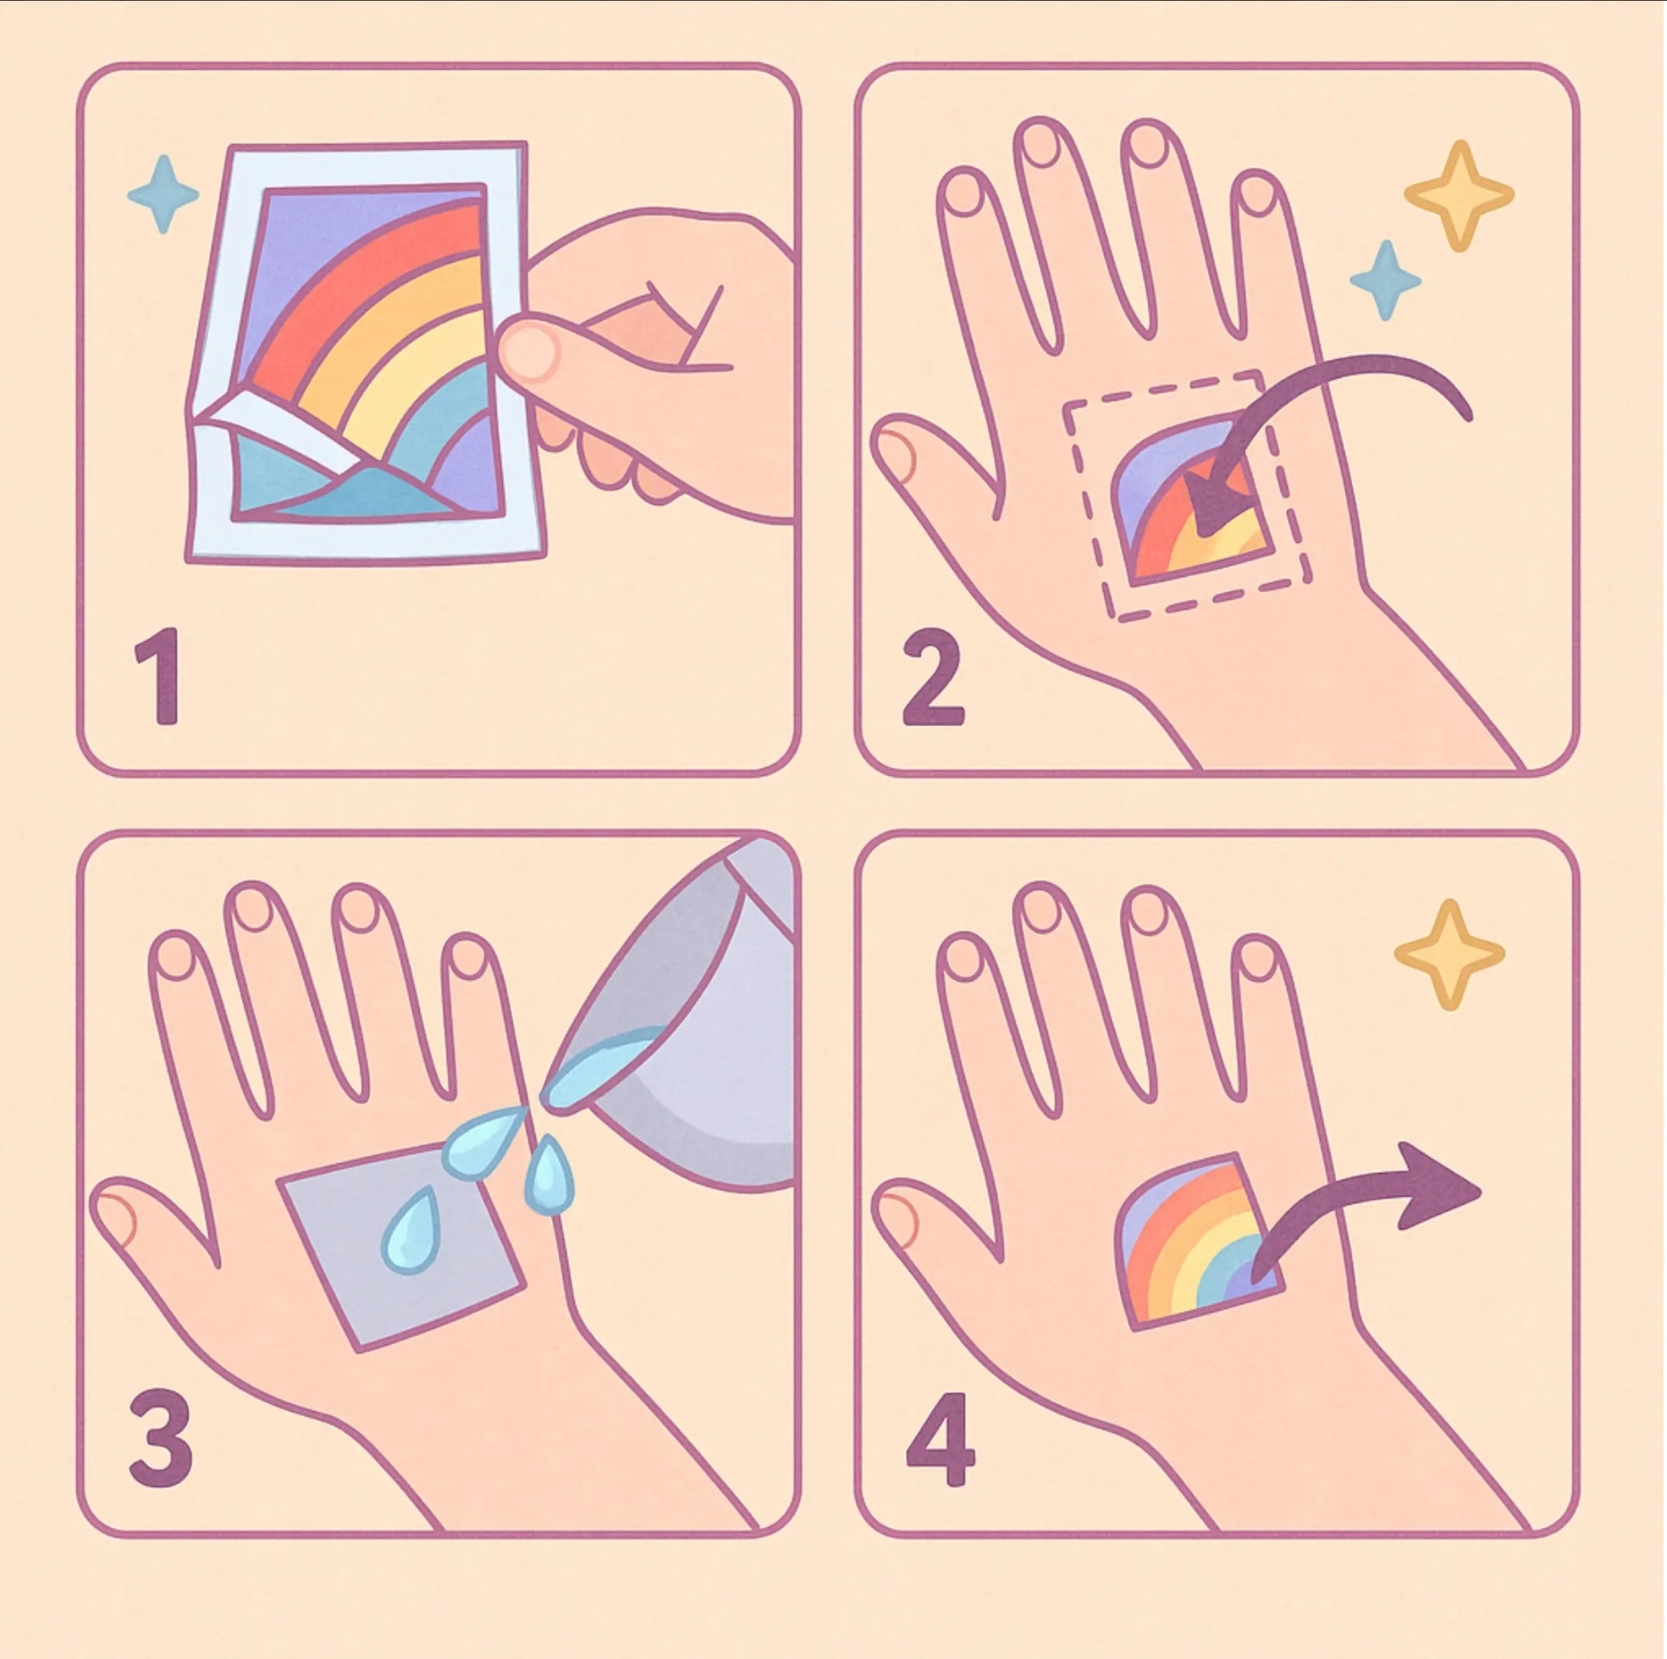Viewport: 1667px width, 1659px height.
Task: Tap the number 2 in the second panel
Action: [932, 678]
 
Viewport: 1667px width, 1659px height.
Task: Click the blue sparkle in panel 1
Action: [163, 195]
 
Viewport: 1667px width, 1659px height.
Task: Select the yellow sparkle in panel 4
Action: [1449, 954]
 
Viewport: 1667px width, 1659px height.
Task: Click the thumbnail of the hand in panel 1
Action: [528, 351]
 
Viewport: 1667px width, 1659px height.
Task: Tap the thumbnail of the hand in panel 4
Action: [897, 1218]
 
